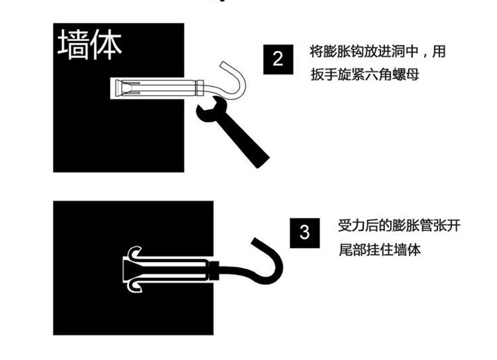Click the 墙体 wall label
pyautogui.click(x=89, y=45)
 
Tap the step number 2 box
pyautogui.click(x=278, y=59)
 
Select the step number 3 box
pyautogui.click(x=304, y=233)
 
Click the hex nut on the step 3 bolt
pyautogui.click(x=214, y=271)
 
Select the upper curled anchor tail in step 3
pyautogui.click(x=135, y=253)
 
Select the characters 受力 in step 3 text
pyautogui.click(x=351, y=226)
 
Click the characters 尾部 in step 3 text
pyautogui.click(x=352, y=250)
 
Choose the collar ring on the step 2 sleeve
pyautogui.click(x=199, y=88)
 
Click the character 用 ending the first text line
pyautogui.click(x=439, y=52)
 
